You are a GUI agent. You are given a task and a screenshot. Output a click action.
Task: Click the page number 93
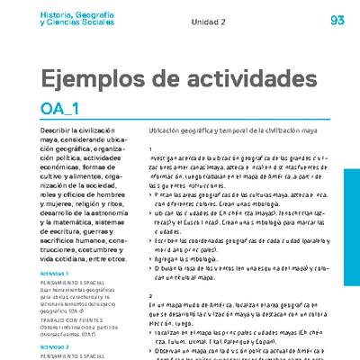337,20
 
